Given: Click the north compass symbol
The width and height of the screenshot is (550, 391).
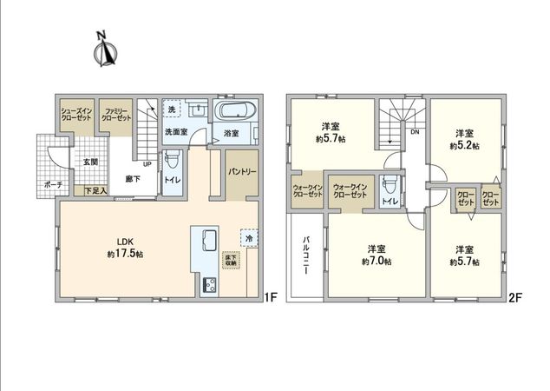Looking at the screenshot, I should coord(104,50).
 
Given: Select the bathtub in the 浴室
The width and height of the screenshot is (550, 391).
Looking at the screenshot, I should coord(232,112).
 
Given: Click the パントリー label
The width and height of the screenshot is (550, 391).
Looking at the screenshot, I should coord(242,172).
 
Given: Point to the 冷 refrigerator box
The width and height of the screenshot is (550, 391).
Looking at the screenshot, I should coord(248,237).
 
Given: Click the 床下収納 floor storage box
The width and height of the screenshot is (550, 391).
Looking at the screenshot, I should coord(231,260).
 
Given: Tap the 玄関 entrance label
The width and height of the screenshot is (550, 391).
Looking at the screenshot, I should coord(90,162).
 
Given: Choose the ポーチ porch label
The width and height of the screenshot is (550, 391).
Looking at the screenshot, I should coord(53,183).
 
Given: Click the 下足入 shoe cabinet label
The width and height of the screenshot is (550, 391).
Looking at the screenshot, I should coord(95,190).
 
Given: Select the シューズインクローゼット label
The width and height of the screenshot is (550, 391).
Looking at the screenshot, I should coord(75,116).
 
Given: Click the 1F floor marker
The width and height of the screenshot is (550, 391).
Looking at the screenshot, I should coord(269,297).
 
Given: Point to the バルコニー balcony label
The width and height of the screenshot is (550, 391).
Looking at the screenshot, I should coord(307,252).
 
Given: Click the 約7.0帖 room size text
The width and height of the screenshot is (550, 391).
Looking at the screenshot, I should coord(376,261).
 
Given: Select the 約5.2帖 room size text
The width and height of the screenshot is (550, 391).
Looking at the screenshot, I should coord(465,147).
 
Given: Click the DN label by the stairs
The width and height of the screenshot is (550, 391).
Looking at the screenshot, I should coord(415,132).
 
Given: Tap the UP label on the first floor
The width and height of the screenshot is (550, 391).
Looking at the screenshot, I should coord(147,163).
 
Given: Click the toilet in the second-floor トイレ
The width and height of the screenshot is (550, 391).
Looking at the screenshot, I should coord(391,184).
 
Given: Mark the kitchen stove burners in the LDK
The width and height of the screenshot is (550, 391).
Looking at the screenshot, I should coord(209,283).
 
